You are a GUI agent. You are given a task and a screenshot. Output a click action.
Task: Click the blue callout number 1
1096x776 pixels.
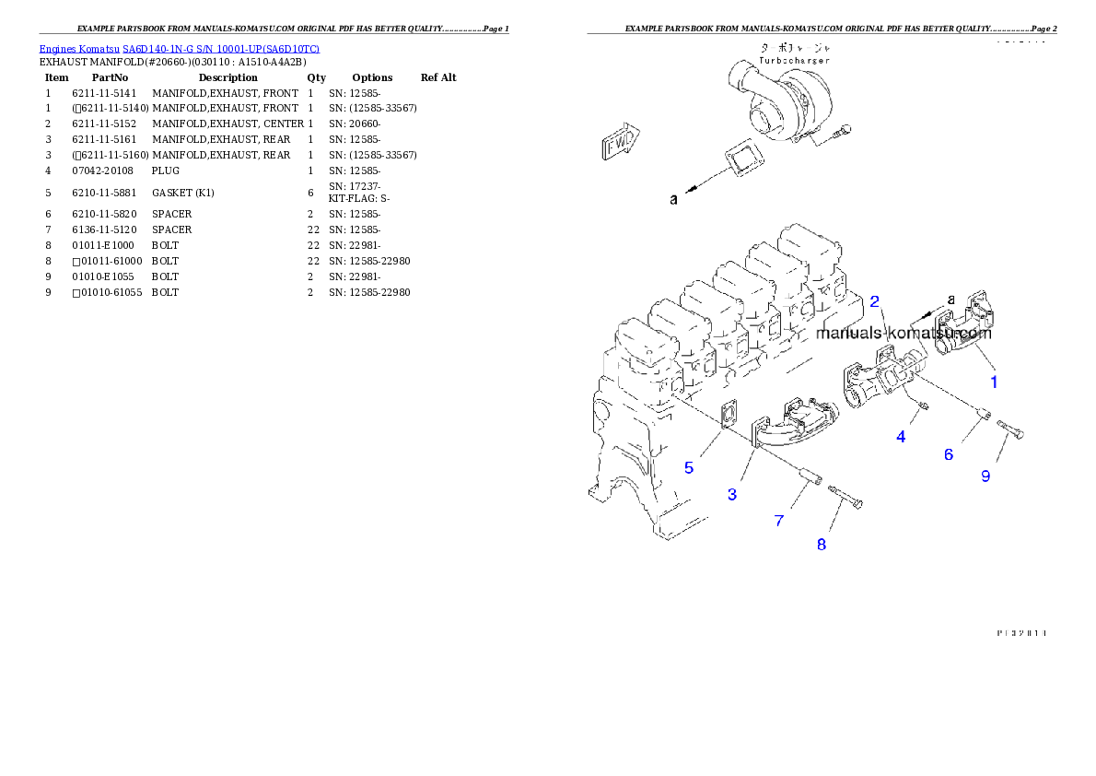point(993,380)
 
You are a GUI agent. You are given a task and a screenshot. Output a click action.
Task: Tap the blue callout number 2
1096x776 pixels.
point(875,300)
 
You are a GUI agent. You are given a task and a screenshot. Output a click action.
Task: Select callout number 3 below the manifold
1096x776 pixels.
point(732,495)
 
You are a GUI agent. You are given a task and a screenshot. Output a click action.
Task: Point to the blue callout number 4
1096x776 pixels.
point(901,437)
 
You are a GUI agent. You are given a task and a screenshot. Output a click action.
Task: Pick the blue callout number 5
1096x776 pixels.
point(689,467)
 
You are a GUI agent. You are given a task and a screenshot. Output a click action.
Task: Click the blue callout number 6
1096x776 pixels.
point(948,454)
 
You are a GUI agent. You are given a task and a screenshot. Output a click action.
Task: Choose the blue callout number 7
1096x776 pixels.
point(779,521)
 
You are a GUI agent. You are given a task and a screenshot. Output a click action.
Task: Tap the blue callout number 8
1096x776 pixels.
point(822,544)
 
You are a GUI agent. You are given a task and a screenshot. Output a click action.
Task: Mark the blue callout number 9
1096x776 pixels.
point(985,476)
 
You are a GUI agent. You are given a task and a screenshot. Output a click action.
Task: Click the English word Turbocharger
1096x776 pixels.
point(794,60)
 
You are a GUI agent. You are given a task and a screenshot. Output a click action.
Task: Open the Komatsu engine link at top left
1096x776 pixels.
point(179,48)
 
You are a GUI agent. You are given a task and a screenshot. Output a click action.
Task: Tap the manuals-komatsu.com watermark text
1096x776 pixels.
point(904,334)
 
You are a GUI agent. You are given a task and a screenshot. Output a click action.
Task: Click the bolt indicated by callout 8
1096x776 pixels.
point(847,498)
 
